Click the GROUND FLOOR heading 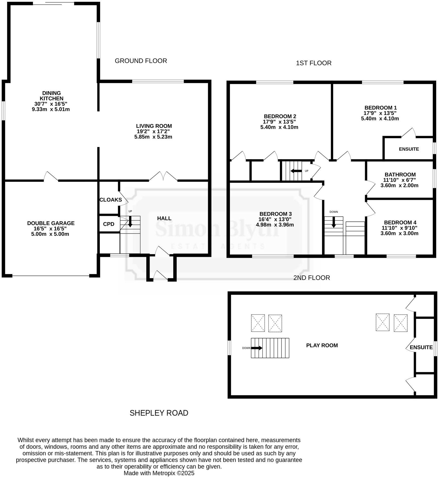(x=141, y=61)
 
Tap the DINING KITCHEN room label (x=51, y=96)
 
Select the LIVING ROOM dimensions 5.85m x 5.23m (x=153, y=137)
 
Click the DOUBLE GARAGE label (x=51, y=223)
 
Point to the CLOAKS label (x=111, y=200)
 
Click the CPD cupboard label (x=109, y=224)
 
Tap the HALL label (x=164, y=218)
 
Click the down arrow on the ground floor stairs (x=130, y=221)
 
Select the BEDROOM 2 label (x=280, y=116)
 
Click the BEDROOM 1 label (x=380, y=108)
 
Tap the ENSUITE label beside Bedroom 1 (x=409, y=149)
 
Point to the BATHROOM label (x=400, y=174)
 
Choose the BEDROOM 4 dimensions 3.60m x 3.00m (x=399, y=233)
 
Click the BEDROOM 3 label (x=275, y=214)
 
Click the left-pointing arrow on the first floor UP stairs (x=296, y=171)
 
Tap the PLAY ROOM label (x=322, y=345)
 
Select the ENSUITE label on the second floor (x=421, y=347)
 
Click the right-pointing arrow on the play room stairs (x=257, y=348)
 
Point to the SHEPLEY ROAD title (x=159, y=413)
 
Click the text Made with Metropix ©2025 (x=159, y=473)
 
